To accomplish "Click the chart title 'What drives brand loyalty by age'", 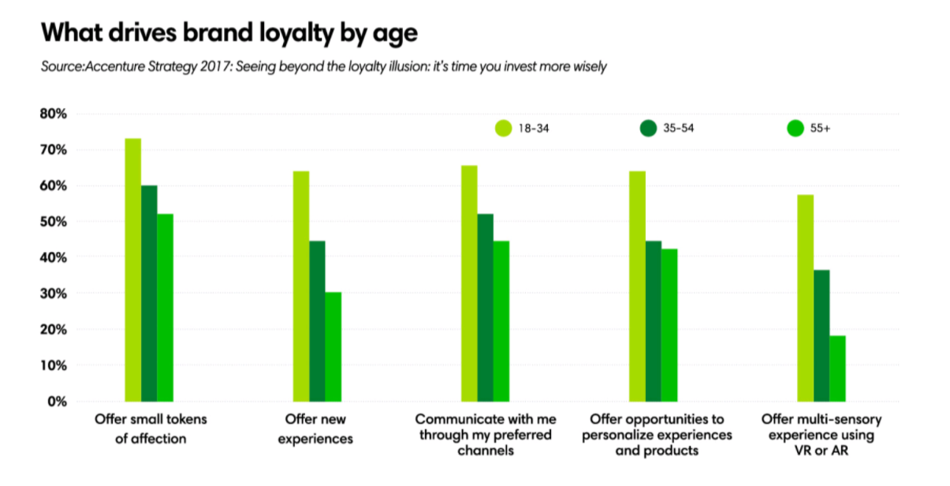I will (x=229, y=33).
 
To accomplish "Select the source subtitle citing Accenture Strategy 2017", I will (x=323, y=67).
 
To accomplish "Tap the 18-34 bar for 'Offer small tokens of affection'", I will (x=132, y=269).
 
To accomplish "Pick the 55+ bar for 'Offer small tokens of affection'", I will (x=165, y=307).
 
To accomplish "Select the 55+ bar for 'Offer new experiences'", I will (x=333, y=346).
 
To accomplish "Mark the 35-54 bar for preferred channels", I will (x=485, y=307).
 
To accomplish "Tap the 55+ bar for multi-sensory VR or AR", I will (x=837, y=368).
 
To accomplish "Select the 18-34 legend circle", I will (x=502, y=128).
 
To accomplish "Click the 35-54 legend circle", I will (x=648, y=128).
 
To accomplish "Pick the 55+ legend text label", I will (x=820, y=128).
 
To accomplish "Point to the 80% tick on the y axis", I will (x=54, y=114).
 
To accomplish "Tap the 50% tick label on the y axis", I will (x=54, y=222).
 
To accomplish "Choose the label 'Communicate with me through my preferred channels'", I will (x=484, y=434).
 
